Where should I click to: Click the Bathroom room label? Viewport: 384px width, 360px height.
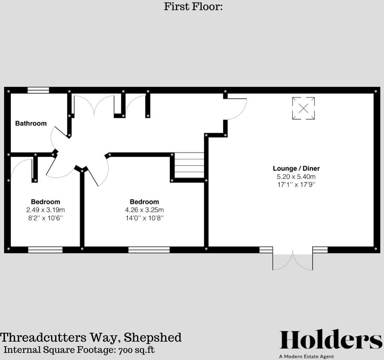click(x=31, y=123)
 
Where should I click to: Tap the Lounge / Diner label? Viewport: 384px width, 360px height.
click(x=296, y=168)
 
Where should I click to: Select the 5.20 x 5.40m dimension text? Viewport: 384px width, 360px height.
click(x=296, y=176)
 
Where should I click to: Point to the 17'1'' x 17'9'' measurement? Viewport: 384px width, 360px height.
click(x=296, y=184)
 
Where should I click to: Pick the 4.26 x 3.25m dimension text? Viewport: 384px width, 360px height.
click(x=144, y=210)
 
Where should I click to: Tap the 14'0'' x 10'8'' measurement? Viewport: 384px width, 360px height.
click(x=144, y=217)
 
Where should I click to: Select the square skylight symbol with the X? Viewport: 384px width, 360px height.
click(x=303, y=108)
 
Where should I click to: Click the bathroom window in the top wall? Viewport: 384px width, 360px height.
click(x=38, y=90)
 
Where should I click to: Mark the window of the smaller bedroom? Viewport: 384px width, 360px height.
click(x=45, y=249)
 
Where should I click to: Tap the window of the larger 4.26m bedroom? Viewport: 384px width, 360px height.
click(x=149, y=249)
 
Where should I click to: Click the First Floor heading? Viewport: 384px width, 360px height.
click(x=193, y=6)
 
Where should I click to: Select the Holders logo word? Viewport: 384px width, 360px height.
click(x=331, y=340)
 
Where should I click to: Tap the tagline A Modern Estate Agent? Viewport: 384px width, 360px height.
click(x=306, y=356)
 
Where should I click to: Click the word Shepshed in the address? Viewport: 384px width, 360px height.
click(x=153, y=337)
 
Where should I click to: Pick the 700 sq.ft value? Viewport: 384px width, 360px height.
click(x=136, y=350)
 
